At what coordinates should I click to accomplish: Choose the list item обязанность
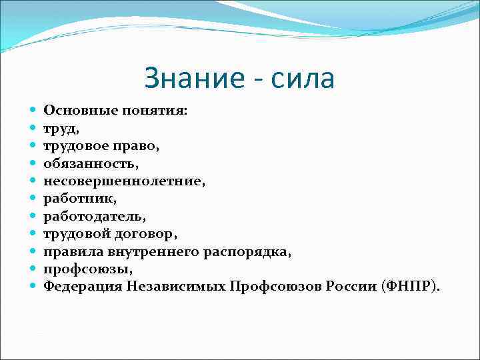pos(89,161)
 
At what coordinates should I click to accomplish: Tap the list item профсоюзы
pos(86,269)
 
